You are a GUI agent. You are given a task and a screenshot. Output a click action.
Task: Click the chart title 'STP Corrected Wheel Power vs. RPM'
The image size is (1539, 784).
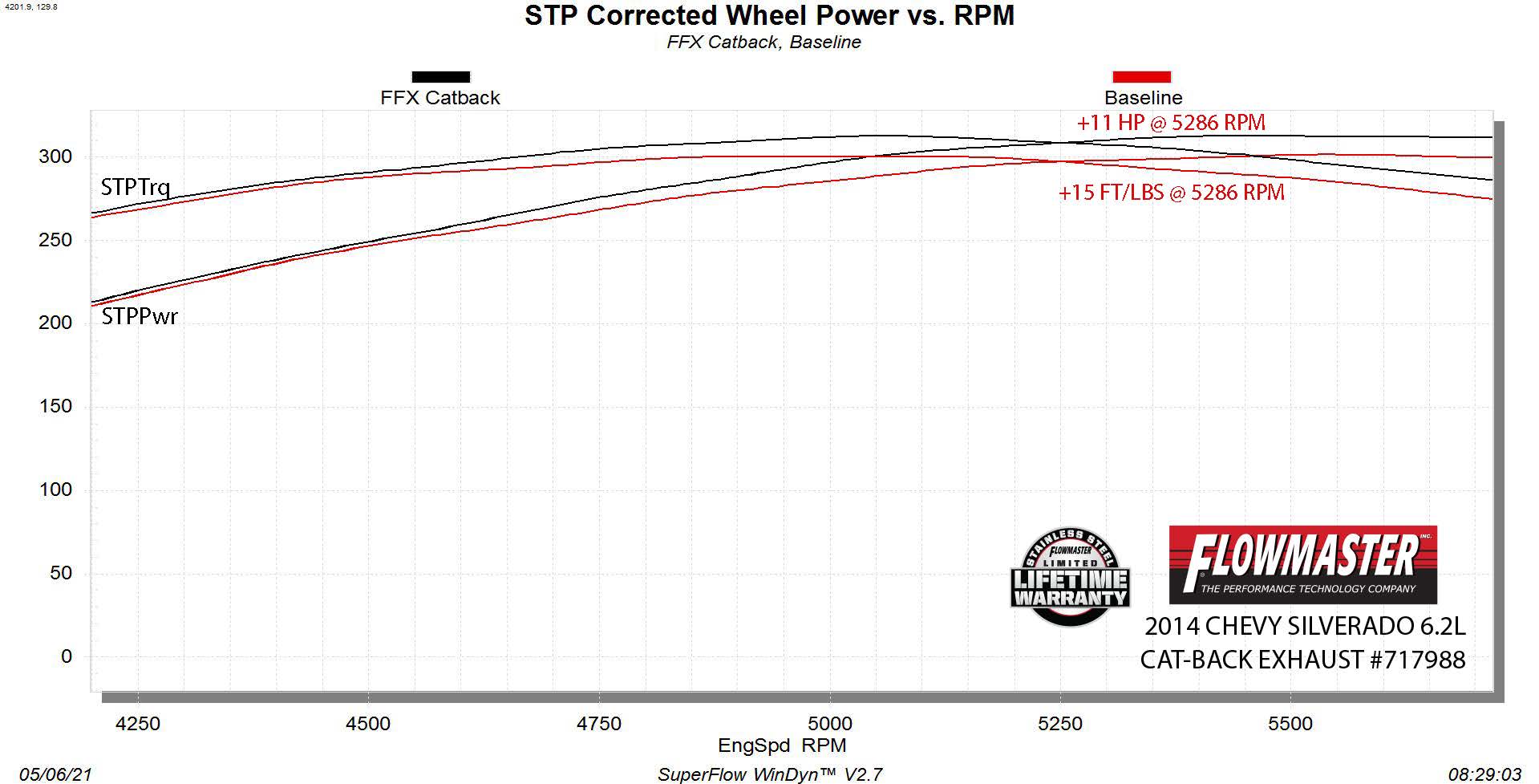tap(769, 15)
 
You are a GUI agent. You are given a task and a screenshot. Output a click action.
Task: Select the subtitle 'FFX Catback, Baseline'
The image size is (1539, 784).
tap(763, 42)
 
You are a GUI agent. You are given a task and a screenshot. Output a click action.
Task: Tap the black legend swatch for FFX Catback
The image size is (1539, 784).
tap(440, 77)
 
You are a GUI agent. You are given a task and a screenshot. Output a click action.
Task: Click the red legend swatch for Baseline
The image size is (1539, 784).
tap(1141, 77)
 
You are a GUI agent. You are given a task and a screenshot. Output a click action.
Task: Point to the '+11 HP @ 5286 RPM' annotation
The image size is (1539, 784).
tap(1170, 123)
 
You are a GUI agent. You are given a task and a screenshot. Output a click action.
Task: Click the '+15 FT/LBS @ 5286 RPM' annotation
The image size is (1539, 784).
tap(1171, 193)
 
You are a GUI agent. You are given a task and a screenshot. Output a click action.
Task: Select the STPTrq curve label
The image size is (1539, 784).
tap(135, 188)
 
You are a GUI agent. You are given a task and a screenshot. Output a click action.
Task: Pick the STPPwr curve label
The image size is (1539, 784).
tap(140, 316)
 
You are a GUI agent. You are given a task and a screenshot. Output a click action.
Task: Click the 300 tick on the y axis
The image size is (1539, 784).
tap(55, 156)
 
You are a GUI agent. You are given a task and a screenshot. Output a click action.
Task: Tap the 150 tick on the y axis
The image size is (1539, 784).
tap(55, 406)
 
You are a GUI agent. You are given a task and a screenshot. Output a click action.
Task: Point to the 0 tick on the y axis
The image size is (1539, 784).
tap(66, 656)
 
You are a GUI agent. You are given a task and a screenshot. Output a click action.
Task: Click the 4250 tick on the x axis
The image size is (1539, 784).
tap(138, 724)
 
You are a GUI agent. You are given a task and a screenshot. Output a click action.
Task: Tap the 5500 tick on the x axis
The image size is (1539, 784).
tap(1290, 724)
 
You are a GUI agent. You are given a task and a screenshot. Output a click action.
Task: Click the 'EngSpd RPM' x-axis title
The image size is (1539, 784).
tap(782, 745)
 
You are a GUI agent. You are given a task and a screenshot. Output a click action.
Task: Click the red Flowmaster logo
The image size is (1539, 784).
tap(1302, 565)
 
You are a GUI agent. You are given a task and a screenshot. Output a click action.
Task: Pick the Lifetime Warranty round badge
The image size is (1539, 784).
tap(1070, 577)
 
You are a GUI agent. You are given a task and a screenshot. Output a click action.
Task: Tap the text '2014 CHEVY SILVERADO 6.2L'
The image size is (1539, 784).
tap(1304, 626)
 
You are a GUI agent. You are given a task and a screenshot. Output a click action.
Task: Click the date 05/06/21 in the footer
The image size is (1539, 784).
tap(56, 774)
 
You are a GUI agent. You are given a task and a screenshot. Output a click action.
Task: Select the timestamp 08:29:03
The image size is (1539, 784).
tap(1484, 774)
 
